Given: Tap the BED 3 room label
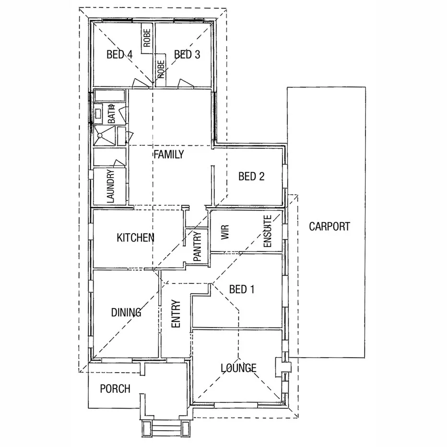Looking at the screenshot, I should pos(187,55).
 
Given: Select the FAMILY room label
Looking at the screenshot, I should pos(168,154).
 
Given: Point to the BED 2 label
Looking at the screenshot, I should pos(251,176).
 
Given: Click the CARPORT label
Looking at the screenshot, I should pos(329,226).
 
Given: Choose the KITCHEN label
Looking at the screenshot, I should pos(135,237).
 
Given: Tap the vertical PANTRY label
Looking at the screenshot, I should pos(197,246).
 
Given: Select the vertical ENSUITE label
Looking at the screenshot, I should pos(268,231).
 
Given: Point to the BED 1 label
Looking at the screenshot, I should pos(242,289).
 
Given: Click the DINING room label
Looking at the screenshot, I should pos(126,313).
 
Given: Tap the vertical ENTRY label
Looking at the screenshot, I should pos(176,314).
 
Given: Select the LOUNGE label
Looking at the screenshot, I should pos(238,368).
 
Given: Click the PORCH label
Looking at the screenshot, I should pos(115,388).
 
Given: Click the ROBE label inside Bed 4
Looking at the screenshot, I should pos(147,38).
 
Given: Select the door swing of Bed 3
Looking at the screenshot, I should pos(184,84).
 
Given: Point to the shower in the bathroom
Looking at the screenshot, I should pos(103,136).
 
